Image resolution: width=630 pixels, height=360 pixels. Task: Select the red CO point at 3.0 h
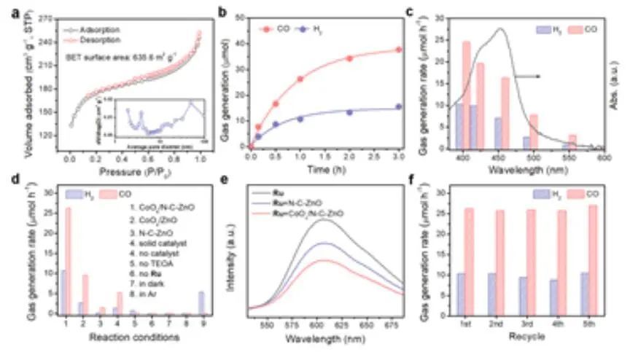click(x=398, y=50)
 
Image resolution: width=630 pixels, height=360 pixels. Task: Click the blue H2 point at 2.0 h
click(x=349, y=112)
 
